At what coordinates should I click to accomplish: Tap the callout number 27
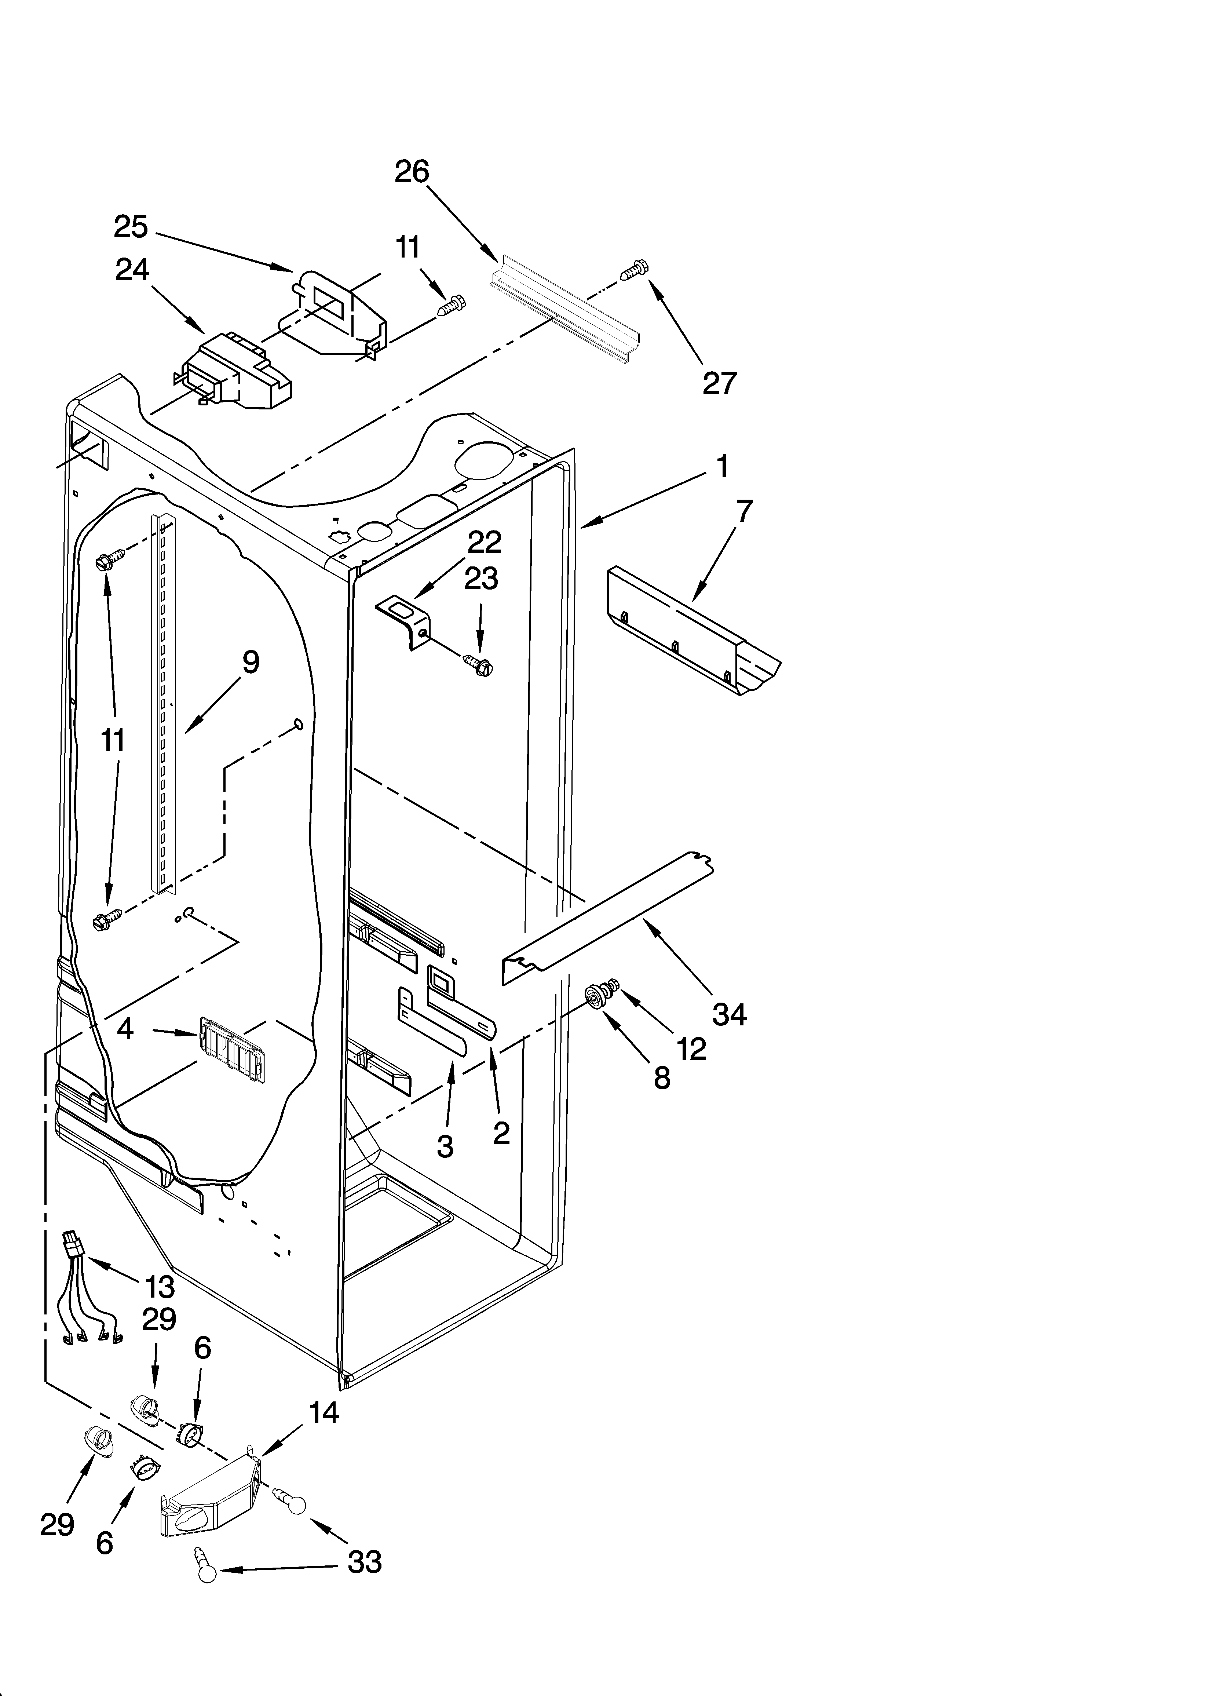pos(719,383)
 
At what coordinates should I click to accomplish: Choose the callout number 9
pos(251,663)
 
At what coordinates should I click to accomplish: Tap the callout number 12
pos(692,1049)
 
